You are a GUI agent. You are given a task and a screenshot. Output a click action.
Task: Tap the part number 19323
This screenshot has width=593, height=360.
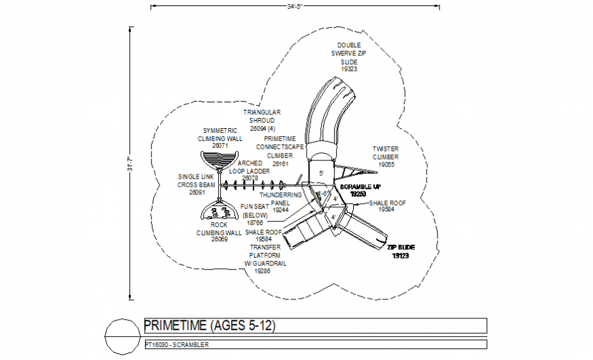pyautogui.click(x=349, y=69)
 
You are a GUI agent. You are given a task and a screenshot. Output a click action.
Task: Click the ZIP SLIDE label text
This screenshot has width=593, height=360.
pyautogui.click(x=401, y=247)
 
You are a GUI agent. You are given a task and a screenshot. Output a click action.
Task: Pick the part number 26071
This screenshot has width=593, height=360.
pyautogui.click(x=219, y=145)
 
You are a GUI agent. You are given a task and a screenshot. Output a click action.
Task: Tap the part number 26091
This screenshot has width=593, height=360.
pyautogui.click(x=196, y=192)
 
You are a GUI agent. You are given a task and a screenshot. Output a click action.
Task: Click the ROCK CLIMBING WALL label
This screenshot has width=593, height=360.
pyautogui.click(x=219, y=228)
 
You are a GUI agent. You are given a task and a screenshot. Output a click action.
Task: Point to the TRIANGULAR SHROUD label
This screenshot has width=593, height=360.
pyautogui.click(x=262, y=116)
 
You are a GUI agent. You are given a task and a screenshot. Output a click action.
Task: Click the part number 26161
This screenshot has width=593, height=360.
pyautogui.click(x=280, y=164)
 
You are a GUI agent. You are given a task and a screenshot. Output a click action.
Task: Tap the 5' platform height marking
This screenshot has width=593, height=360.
pyautogui.click(x=321, y=174)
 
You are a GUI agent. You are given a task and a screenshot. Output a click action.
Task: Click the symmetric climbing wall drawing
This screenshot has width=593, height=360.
pyautogui.click(x=219, y=161)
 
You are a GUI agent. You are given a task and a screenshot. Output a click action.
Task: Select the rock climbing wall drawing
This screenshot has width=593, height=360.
pyautogui.click(x=219, y=211)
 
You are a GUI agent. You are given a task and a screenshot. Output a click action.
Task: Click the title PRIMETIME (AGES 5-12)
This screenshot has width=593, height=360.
pyautogui.click(x=209, y=325)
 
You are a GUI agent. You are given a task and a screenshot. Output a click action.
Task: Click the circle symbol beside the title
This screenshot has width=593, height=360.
pyautogui.click(x=121, y=334)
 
